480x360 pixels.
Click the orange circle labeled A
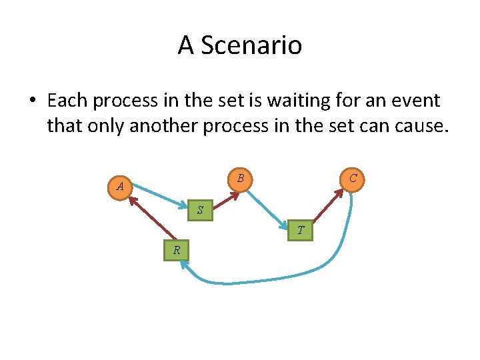pos(120,187)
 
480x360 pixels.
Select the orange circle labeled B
pos(240,178)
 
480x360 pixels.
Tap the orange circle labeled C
pos(353,178)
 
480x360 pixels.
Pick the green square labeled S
pos(199,211)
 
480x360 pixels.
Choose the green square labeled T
pos(301,230)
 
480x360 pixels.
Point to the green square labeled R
pos(177,250)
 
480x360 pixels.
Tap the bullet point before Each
pos(32,101)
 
